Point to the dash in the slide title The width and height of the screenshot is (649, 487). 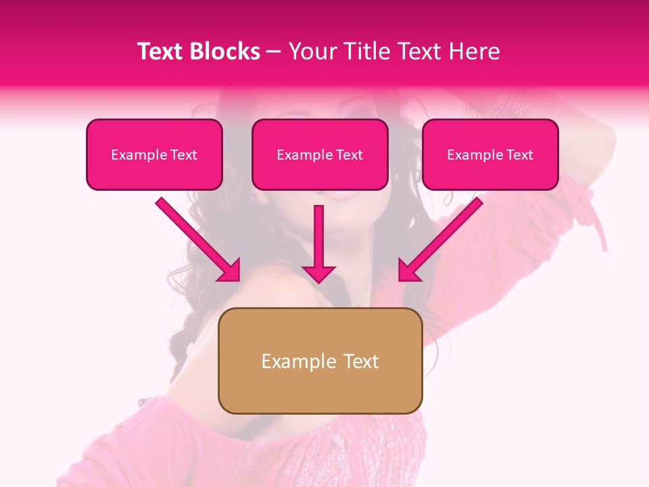point(274,51)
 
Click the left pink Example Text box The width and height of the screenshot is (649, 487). point(154,155)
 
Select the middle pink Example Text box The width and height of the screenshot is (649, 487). point(320,155)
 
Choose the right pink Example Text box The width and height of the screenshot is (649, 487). point(490,155)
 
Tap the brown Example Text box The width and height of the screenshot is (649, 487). point(320,361)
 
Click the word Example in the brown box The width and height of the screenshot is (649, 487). point(299,361)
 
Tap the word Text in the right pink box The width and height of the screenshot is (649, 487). point(519,155)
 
